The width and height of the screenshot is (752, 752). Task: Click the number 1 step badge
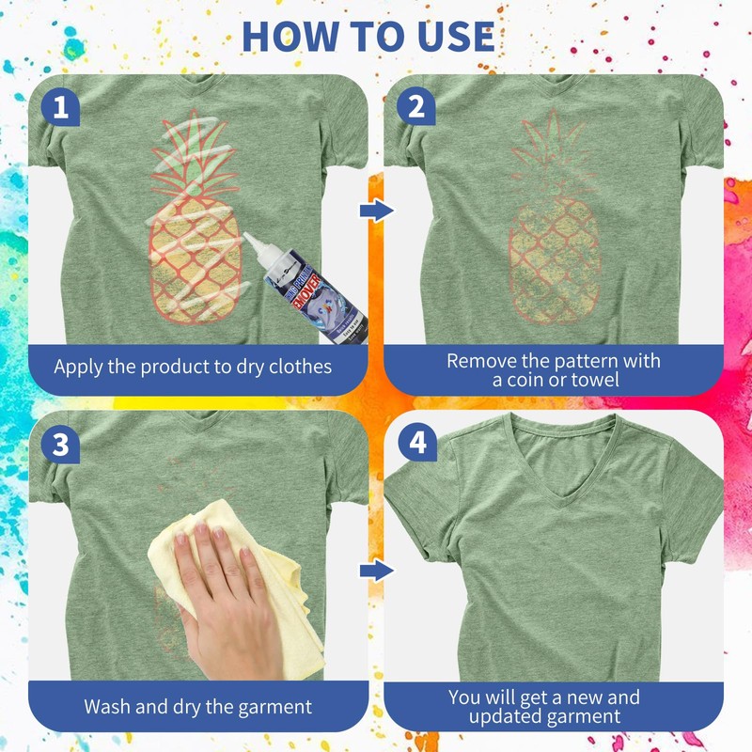[x=61, y=109]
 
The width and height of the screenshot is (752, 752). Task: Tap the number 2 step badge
[x=410, y=109]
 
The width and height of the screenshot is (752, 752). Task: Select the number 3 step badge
[x=61, y=445]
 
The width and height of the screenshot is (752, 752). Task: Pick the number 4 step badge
[x=410, y=445]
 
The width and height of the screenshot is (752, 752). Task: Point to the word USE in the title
[x=454, y=35]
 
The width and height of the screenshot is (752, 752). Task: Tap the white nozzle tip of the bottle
[x=250, y=241]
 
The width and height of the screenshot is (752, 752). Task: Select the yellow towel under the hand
[x=282, y=602]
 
